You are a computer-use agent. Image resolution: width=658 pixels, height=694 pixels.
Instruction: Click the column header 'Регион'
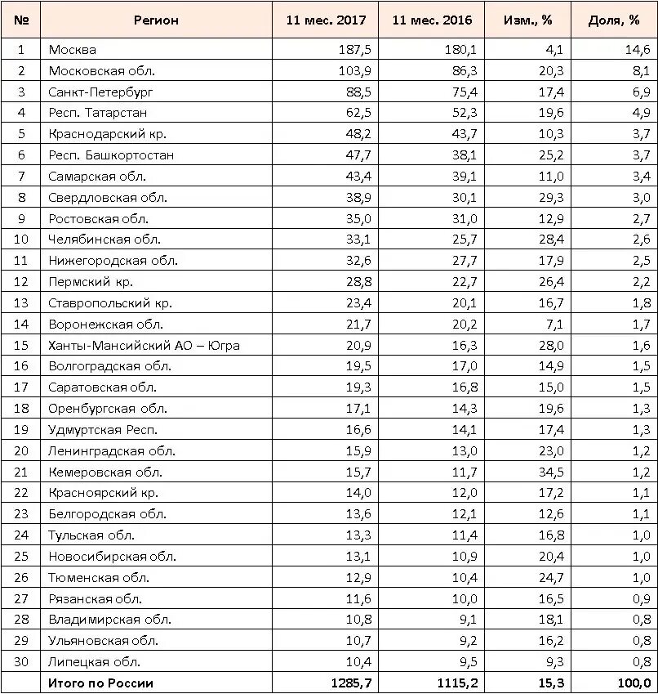156,20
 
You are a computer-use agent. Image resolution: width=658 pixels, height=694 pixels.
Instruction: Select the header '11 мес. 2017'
326,20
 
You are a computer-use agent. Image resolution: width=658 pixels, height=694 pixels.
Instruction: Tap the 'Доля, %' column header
614,20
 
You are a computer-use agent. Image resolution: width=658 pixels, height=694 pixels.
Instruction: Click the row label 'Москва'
72,50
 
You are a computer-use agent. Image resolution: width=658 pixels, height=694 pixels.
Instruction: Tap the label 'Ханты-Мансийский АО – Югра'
144,346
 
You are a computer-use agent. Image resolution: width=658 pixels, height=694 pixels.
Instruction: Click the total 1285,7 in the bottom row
350,683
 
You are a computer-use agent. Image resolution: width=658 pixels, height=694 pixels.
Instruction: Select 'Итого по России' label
101,683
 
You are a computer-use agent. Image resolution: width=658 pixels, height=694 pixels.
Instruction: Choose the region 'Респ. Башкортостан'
111,155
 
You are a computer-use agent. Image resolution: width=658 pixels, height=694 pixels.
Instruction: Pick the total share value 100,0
634,683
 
